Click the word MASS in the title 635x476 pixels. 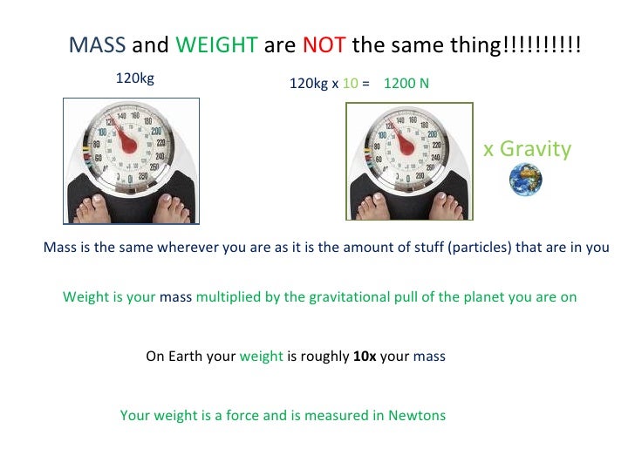coord(98,46)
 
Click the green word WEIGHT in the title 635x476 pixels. coord(216,46)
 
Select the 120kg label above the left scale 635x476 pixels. coord(135,78)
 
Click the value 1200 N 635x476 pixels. coord(406,84)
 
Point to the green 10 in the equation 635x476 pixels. coord(350,84)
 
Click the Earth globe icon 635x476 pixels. coord(526,180)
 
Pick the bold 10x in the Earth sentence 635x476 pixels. coord(365,357)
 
